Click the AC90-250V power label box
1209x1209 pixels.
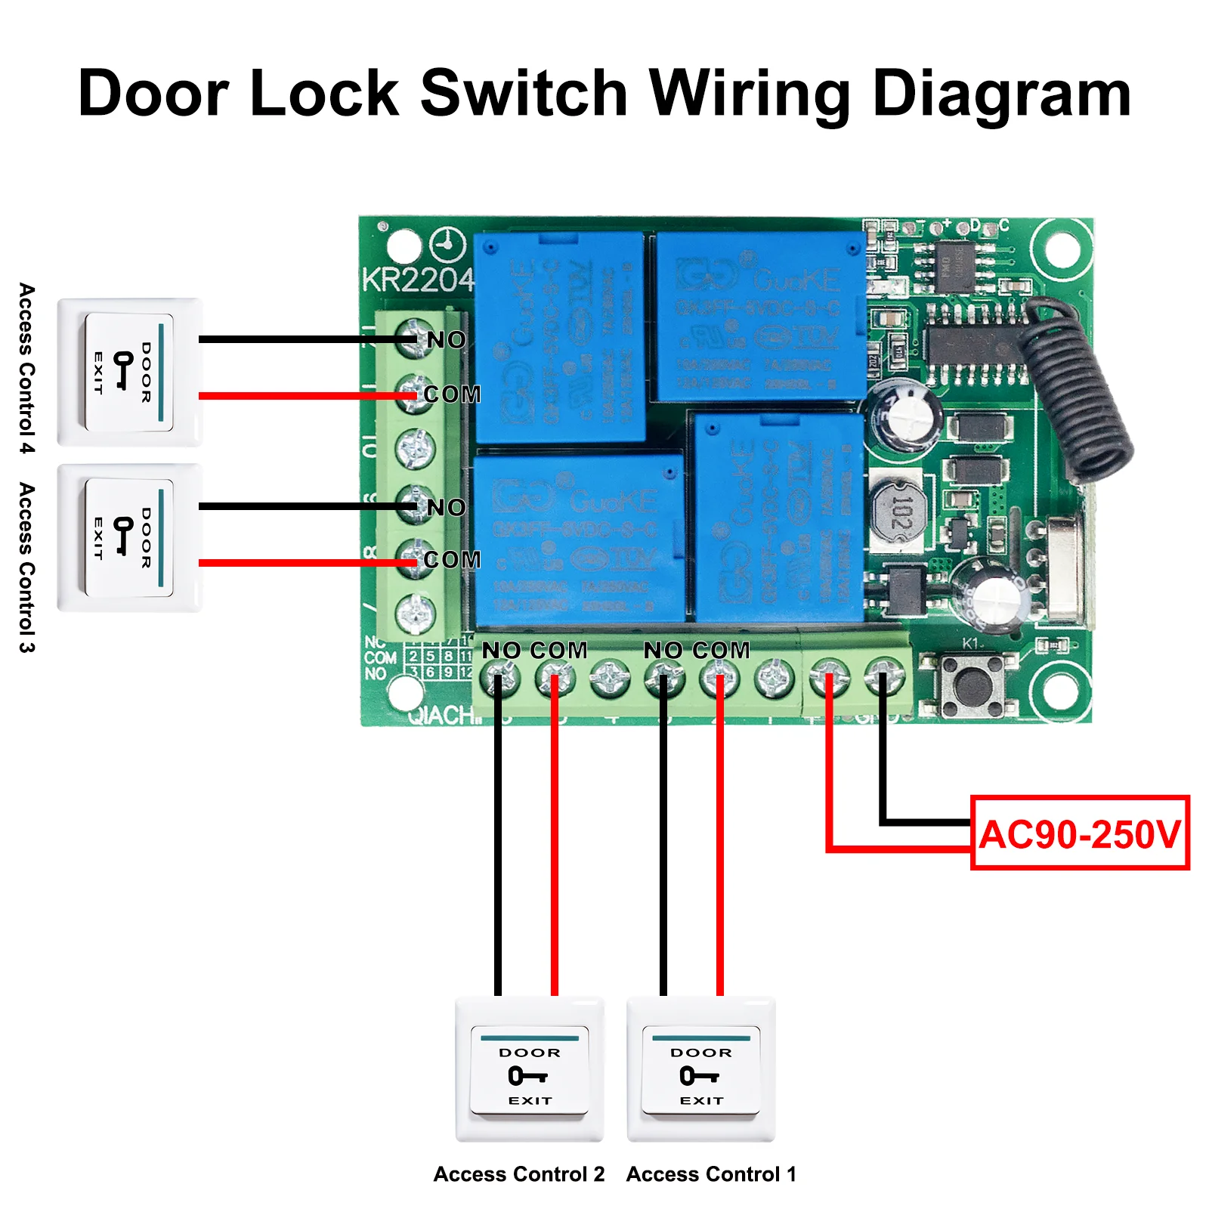pyautogui.click(x=1079, y=833)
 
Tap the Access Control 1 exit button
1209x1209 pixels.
pyautogui.click(x=701, y=1069)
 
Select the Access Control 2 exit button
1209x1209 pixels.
pyautogui.click(x=529, y=1069)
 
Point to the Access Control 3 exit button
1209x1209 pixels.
pyautogui.click(x=129, y=537)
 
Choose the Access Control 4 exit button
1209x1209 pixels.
pyautogui.click(x=129, y=372)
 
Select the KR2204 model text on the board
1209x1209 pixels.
pyautogui.click(x=417, y=280)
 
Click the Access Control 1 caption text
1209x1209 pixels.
pyautogui.click(x=711, y=1174)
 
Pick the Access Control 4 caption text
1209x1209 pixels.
pyautogui.click(x=27, y=369)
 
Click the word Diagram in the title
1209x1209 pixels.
pyautogui.click(x=1001, y=94)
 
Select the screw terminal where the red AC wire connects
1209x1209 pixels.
pyautogui.click(x=829, y=676)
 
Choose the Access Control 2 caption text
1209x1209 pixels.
pyautogui.click(x=519, y=1174)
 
